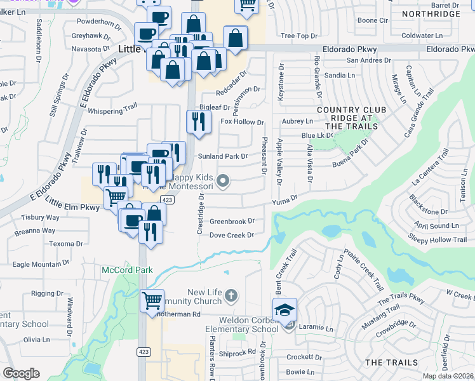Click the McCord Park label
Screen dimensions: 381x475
(127, 270)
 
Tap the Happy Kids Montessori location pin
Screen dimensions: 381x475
(222, 182)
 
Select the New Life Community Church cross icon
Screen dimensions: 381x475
(231, 295)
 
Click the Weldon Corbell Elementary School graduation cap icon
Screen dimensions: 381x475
(284, 310)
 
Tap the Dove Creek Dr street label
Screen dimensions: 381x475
(231, 235)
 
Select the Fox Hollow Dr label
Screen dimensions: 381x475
(241, 122)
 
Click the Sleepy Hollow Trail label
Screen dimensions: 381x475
(438, 239)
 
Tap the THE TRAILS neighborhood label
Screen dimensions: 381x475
(391, 362)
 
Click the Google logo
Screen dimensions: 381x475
(21, 373)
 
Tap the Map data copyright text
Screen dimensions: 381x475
(448, 376)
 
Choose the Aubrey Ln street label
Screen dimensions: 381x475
(298, 121)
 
